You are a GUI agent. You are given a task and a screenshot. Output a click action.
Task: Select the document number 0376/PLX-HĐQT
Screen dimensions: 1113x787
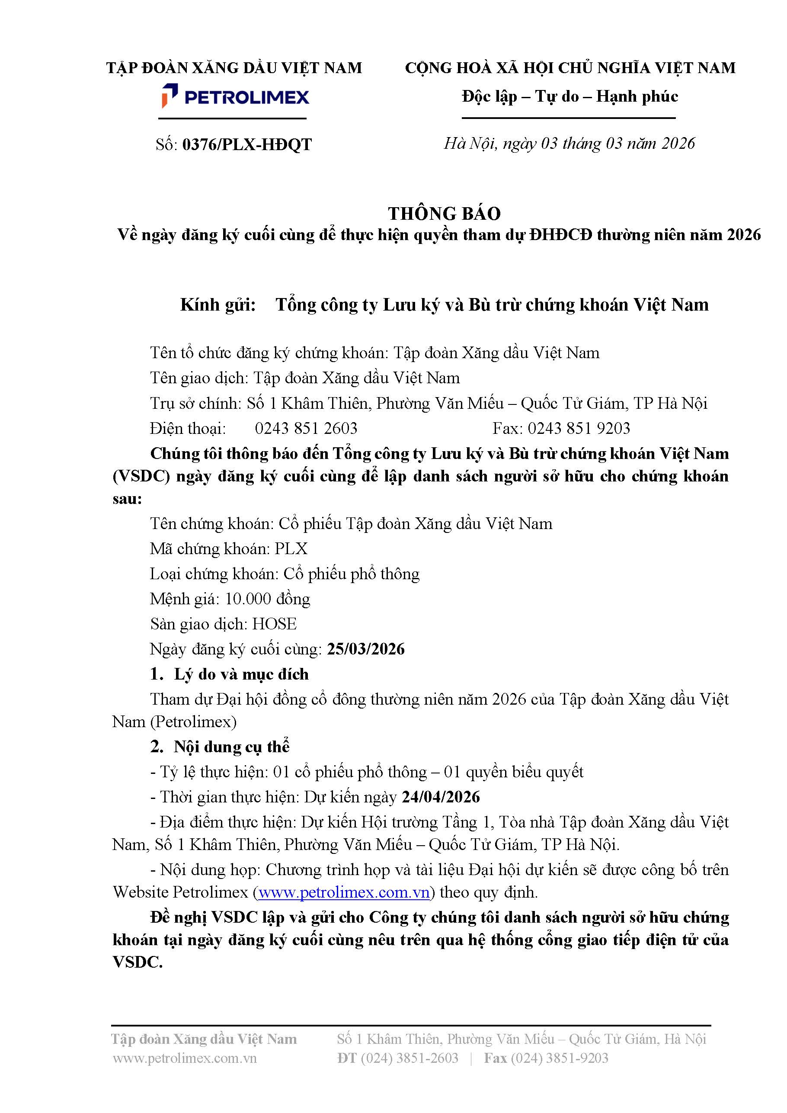246,144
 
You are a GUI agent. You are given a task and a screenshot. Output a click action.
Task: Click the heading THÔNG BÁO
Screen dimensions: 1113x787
444,213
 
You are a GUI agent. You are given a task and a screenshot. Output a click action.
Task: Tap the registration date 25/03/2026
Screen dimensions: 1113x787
365,648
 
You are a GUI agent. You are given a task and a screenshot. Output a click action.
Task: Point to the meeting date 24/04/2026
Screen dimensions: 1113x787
441,796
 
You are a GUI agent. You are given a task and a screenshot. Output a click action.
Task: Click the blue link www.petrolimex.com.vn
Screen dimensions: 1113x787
344,892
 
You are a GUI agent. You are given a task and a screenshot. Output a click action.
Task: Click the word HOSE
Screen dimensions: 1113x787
274,623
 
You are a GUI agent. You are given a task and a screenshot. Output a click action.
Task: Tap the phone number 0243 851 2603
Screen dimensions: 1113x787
306,428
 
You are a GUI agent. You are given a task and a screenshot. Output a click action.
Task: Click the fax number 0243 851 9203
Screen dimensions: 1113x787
579,428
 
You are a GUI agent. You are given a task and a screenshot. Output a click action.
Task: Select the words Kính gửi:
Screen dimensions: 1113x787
218,305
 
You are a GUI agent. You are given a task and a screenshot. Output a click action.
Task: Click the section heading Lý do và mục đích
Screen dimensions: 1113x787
241,674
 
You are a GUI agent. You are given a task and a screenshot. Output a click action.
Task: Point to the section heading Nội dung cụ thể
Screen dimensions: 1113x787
231,747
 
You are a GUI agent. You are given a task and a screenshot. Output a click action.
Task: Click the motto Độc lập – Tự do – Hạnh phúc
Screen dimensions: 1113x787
569,96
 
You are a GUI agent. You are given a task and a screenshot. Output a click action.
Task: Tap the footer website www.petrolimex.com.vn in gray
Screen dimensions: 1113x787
185,1058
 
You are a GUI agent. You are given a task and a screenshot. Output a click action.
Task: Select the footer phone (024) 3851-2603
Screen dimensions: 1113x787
409,1058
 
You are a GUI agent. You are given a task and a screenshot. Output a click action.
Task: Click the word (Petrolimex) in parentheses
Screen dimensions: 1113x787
193,722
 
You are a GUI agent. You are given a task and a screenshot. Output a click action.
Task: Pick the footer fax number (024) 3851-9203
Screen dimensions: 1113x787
559,1058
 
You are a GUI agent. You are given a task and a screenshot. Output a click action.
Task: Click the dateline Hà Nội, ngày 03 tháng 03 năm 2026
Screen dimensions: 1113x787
569,143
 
